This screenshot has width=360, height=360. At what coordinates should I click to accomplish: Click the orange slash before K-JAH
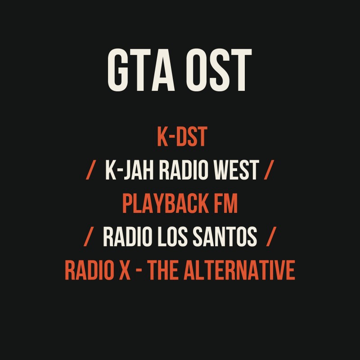(91, 171)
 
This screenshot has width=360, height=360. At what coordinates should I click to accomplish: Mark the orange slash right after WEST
(269, 171)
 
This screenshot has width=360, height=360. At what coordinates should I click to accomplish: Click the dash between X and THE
(138, 271)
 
